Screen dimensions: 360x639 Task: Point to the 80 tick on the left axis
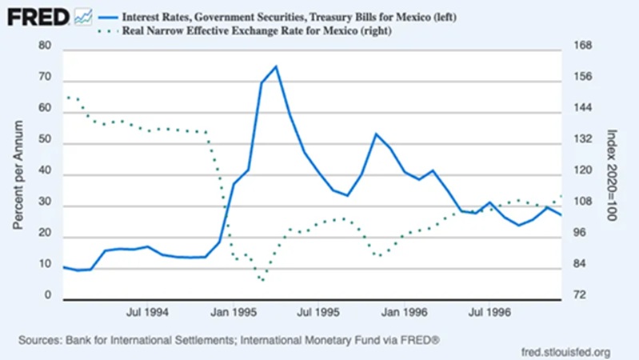(44, 47)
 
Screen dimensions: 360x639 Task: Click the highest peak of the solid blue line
(275, 66)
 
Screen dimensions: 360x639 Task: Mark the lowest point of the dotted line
(262, 281)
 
